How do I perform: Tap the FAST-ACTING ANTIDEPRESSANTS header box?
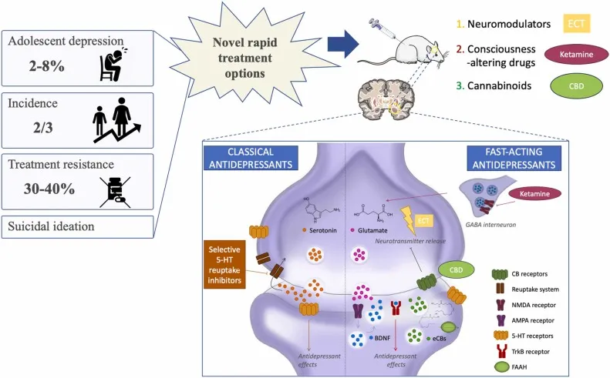pos(515,157)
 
